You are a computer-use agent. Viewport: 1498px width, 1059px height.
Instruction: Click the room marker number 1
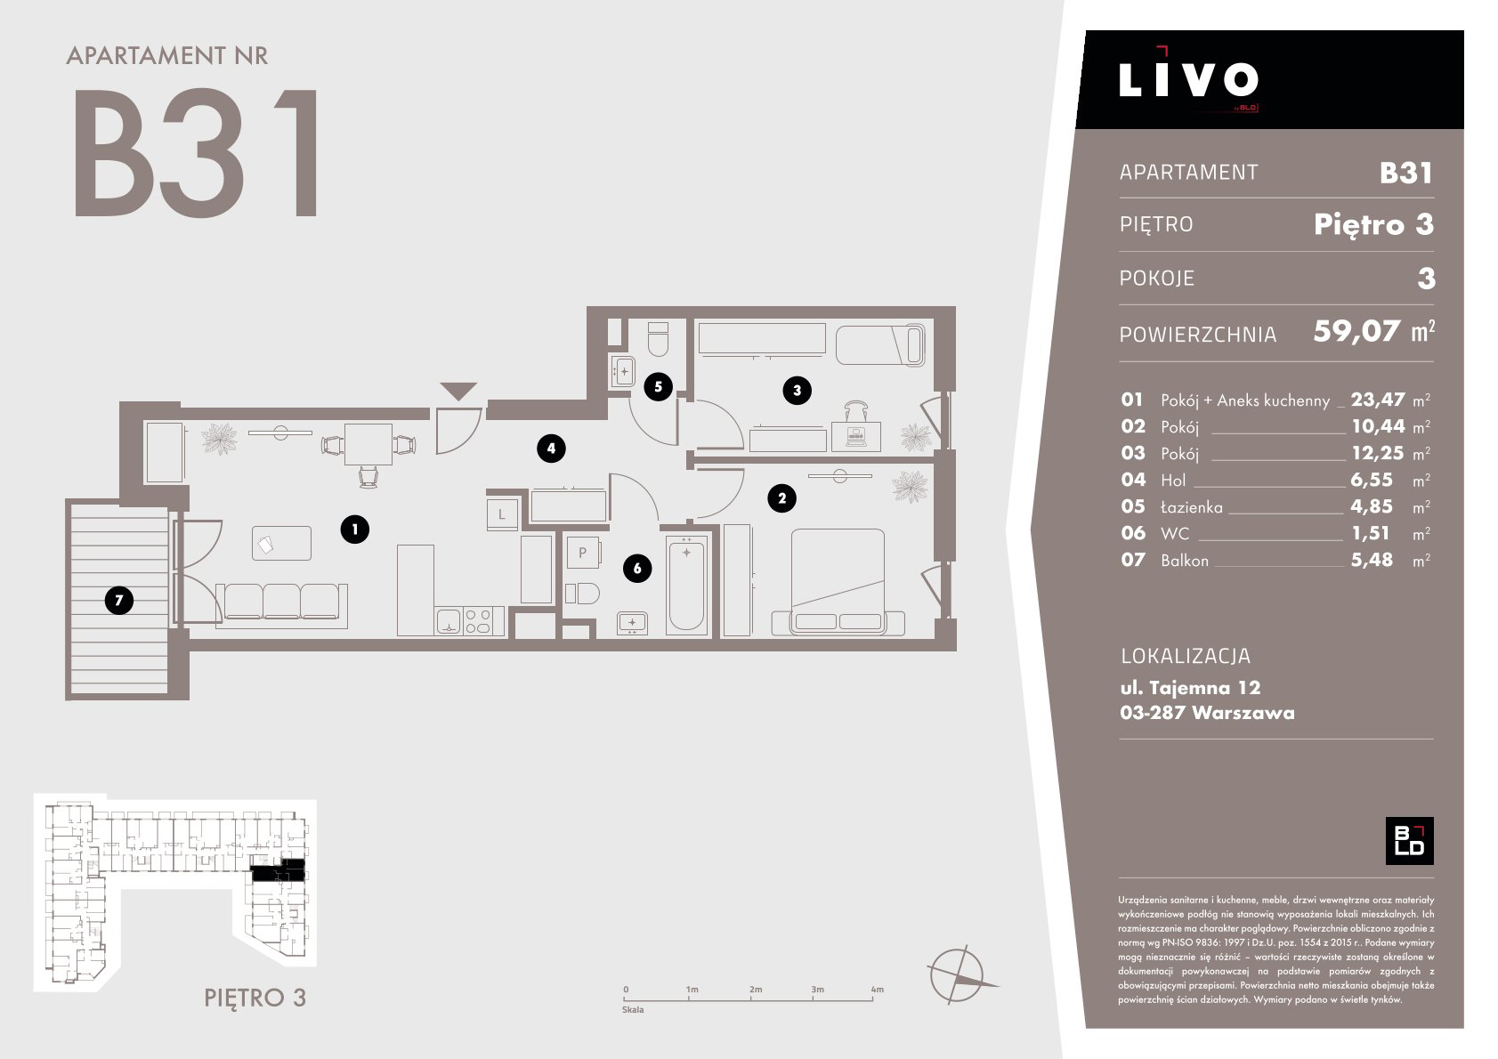354,529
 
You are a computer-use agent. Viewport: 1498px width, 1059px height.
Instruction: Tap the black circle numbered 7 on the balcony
119,600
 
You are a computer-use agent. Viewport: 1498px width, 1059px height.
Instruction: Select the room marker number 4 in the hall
551,449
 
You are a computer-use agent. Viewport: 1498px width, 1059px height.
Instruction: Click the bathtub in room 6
686,586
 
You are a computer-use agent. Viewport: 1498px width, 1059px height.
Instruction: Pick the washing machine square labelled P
582,553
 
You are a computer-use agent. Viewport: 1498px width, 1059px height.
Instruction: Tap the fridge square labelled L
502,514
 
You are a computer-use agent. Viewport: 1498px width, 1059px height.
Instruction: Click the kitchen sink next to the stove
449,620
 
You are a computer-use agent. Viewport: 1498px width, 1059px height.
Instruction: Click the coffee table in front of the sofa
281,543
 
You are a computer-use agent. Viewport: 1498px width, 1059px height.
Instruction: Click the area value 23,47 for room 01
1378,400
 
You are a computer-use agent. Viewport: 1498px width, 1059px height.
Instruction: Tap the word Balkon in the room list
1185,561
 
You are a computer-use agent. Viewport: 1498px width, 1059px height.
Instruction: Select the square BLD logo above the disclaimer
1409,840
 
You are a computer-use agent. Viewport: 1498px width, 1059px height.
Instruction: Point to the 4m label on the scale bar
877,989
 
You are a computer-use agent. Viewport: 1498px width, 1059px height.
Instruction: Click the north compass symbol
959,975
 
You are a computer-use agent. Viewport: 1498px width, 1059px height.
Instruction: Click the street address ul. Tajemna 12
1190,687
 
